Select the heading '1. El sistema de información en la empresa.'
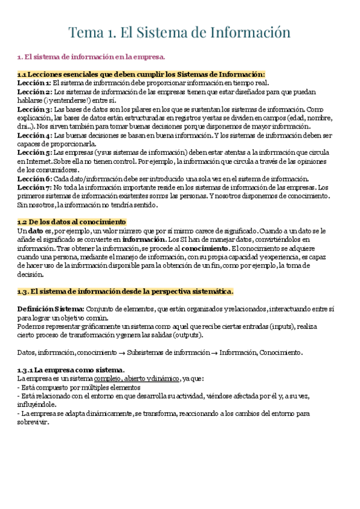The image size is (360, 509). (91, 57)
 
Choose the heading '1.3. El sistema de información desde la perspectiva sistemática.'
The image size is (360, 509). (125, 292)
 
